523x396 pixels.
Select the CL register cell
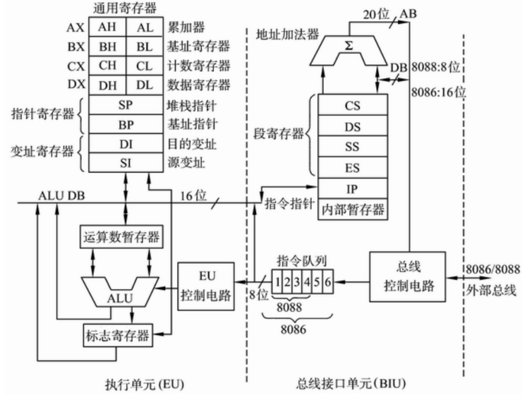(x=144, y=66)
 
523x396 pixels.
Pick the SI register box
(x=125, y=163)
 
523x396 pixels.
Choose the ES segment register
(x=353, y=167)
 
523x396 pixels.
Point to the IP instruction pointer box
(x=353, y=188)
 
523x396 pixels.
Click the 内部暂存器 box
(x=353, y=209)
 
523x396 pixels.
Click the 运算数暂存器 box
(x=120, y=238)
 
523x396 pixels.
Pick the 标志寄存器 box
(x=118, y=336)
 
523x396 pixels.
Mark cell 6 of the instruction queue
(x=328, y=281)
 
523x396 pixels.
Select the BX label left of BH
(x=75, y=47)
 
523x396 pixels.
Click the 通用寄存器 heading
(x=125, y=8)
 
